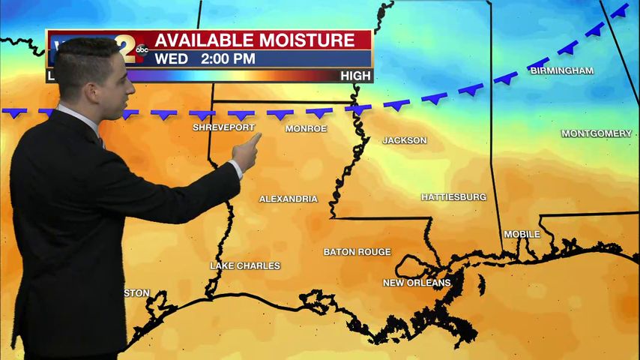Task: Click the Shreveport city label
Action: (223, 127)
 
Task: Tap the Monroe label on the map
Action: (306, 129)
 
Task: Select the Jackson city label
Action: (405, 140)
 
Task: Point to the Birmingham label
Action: (561, 70)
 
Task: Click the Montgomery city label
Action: (597, 133)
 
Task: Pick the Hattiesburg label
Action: (453, 197)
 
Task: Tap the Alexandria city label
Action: (289, 199)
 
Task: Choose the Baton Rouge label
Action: (357, 252)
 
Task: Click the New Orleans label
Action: (417, 283)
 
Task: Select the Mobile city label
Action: (522, 234)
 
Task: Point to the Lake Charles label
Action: (245, 265)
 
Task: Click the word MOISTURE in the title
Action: (312, 40)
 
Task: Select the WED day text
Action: (170, 58)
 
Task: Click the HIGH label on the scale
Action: (355, 76)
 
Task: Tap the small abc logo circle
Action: (142, 49)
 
